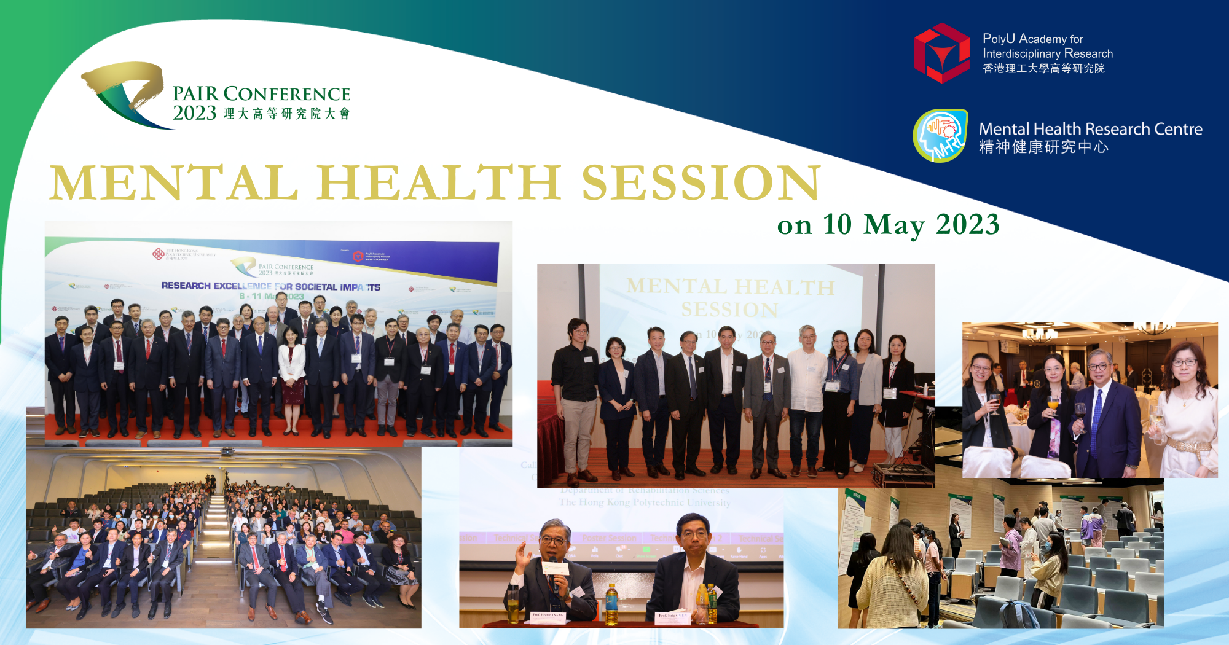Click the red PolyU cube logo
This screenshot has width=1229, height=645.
(941, 53)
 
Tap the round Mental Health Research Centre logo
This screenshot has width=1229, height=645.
(940, 136)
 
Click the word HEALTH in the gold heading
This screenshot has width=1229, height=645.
(438, 182)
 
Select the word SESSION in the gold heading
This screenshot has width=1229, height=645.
(701, 182)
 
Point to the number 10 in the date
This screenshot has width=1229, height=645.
(837, 225)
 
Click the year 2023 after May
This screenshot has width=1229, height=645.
(967, 225)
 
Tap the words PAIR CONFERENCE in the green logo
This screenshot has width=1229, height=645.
(261, 94)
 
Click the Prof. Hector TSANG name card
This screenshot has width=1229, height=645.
(548, 616)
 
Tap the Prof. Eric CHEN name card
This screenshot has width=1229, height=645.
(672, 616)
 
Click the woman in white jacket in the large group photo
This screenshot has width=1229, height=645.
(292, 369)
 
